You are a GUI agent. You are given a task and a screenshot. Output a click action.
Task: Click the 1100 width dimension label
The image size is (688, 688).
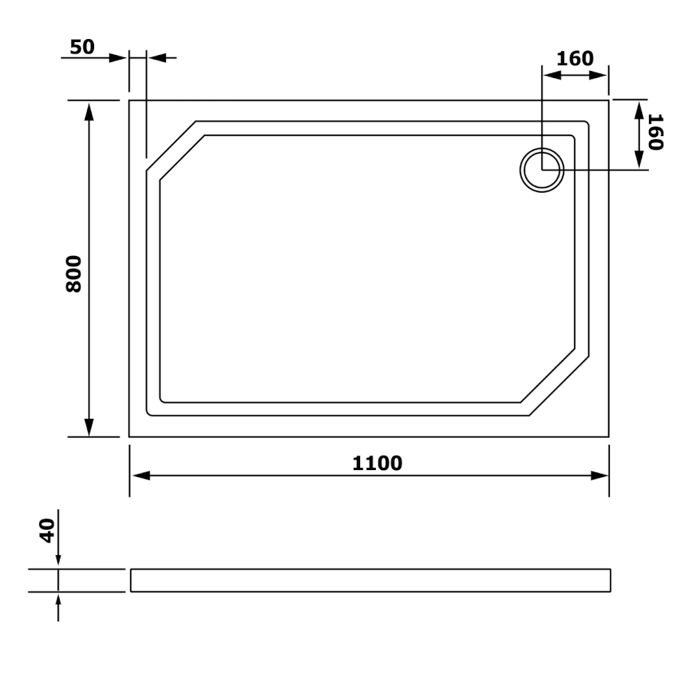tap(377, 463)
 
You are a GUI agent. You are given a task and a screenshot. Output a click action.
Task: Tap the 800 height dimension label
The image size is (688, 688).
tap(73, 274)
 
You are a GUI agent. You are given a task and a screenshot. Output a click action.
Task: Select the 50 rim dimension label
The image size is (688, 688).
tap(82, 47)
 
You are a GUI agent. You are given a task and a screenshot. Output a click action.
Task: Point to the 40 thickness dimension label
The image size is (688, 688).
tap(47, 531)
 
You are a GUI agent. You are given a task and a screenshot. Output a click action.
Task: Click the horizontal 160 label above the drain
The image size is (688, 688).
tap(575, 58)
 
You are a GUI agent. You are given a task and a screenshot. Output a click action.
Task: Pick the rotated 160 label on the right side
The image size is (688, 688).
tap(656, 132)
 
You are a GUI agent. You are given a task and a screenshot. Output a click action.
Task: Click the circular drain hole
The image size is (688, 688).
tap(542, 170)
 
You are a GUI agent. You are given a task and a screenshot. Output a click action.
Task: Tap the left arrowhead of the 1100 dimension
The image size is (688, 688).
tap(141, 475)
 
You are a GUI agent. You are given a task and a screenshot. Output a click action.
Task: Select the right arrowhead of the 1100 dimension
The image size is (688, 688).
tap(599, 475)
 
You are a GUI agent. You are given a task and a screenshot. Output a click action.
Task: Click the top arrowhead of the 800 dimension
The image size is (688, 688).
tap(89, 112)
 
